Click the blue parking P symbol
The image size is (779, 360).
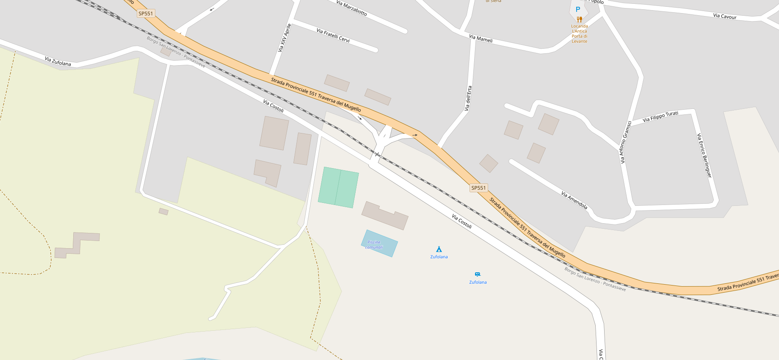(x=578, y=9)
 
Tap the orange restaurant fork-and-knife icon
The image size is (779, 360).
(x=580, y=19)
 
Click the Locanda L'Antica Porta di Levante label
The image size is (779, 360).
(x=580, y=34)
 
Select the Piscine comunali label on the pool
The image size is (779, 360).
(x=374, y=245)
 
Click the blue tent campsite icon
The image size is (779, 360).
(x=439, y=249)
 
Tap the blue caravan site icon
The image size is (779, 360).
(x=478, y=274)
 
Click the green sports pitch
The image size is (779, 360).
(x=338, y=187)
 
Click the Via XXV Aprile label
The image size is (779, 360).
(x=285, y=38)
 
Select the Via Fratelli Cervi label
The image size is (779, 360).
(x=333, y=35)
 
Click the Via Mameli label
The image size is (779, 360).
(x=481, y=39)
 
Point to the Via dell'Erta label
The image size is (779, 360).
(x=468, y=98)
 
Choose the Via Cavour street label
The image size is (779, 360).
(x=725, y=17)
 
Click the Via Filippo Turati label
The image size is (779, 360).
(x=660, y=116)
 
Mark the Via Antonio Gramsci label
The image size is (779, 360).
(x=625, y=142)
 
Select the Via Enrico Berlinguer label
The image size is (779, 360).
(x=704, y=155)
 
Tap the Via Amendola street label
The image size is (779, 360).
(x=574, y=200)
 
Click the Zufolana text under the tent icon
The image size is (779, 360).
(x=439, y=257)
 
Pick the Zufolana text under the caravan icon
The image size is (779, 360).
(x=478, y=282)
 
